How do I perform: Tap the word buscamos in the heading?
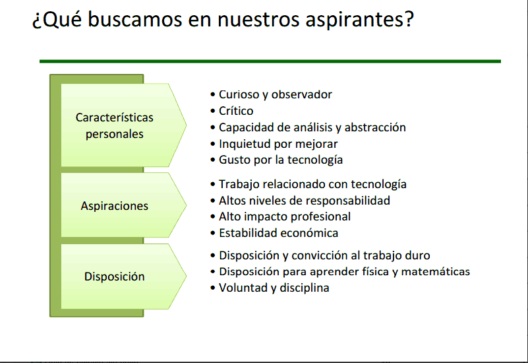tap(134, 19)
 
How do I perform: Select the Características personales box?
tap(123, 125)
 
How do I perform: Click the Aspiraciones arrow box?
tap(123, 205)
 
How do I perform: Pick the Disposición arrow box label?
tap(115, 277)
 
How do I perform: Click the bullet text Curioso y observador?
tap(276, 95)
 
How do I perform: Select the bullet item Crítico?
tap(236, 111)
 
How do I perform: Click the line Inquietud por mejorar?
tap(278, 144)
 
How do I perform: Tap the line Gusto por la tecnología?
tap(281, 160)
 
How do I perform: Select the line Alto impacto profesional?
tap(285, 216)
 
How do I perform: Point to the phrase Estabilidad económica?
tap(278, 233)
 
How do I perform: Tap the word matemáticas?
tap(436, 272)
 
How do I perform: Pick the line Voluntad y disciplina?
tap(274, 288)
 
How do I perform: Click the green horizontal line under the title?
tap(270, 61)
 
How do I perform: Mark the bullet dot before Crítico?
tap(212, 111)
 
